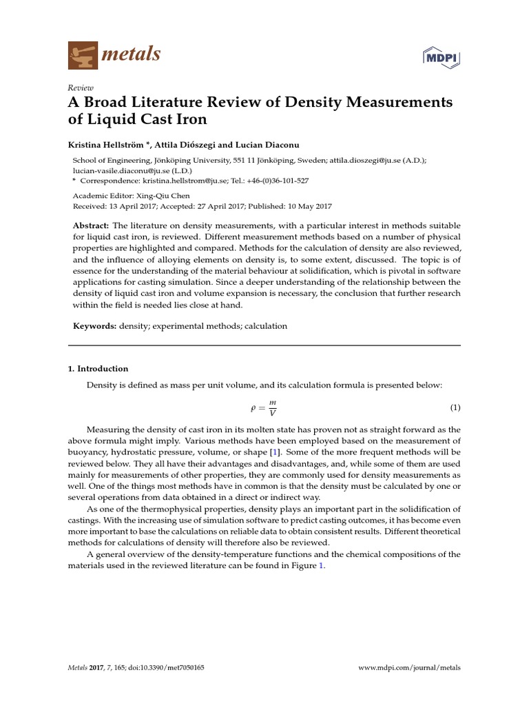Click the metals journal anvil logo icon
click(x=82, y=55)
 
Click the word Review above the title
click(x=81, y=88)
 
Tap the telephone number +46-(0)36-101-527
click(x=273, y=181)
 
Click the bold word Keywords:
click(x=94, y=326)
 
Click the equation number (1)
click(x=455, y=407)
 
